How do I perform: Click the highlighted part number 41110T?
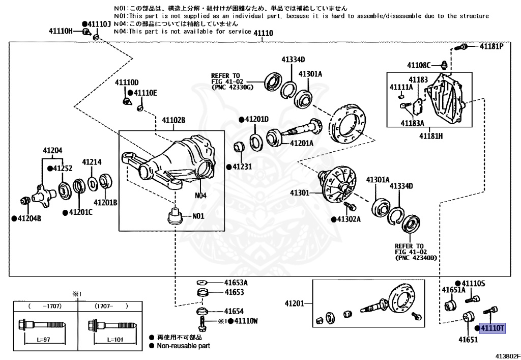(x=493, y=328)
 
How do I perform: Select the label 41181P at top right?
(x=491, y=46)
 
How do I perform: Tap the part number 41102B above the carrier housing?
(x=173, y=120)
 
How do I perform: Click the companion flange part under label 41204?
(x=42, y=195)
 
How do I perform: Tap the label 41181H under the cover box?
(x=431, y=136)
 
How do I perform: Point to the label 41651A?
(x=453, y=290)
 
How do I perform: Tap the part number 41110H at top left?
(x=61, y=31)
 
